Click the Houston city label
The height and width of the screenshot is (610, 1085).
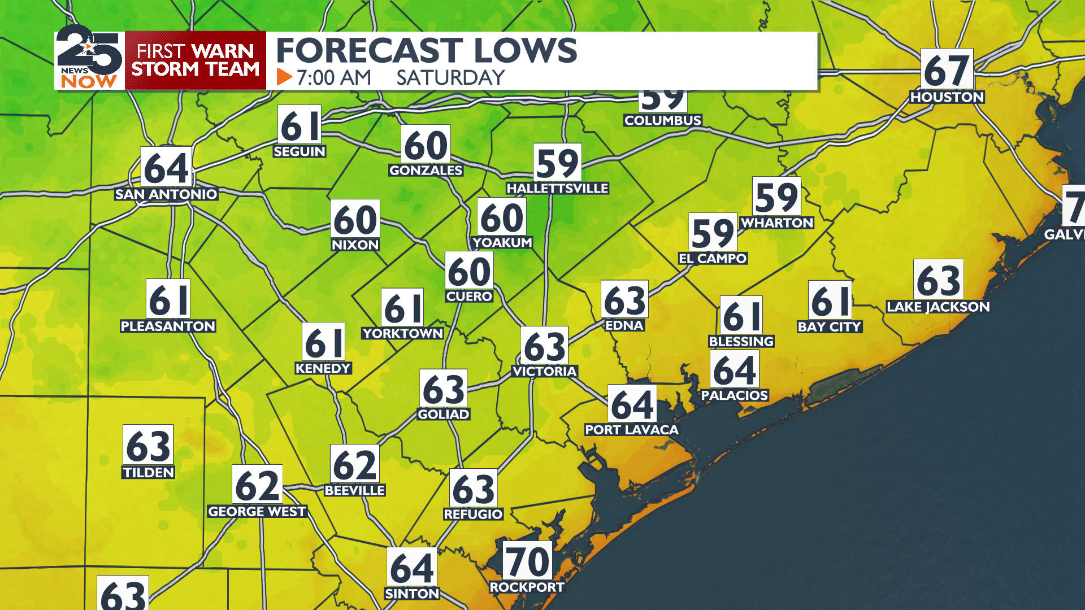(947, 97)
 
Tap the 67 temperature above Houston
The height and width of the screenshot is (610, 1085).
(947, 69)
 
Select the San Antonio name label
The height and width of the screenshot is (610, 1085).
(166, 194)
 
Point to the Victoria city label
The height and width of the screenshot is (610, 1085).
(544, 371)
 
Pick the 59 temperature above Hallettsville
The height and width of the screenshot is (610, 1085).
(557, 163)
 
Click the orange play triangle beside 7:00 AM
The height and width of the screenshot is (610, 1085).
(284, 77)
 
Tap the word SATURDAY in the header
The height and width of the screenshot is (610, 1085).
(450, 77)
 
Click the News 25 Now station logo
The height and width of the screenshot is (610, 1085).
(89, 60)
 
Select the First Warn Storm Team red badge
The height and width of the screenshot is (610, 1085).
(196, 60)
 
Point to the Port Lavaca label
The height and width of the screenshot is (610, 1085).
(631, 430)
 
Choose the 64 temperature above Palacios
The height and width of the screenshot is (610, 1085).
(735, 370)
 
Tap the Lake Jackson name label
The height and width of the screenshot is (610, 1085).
(938, 307)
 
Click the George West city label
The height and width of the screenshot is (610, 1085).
(257, 512)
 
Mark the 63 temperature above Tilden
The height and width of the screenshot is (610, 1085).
(148, 446)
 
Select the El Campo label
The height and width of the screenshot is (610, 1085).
(713, 259)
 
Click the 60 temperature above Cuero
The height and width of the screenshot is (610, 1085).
(469, 271)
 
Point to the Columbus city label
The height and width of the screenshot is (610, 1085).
(662, 120)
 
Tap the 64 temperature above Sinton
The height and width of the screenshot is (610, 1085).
(412, 568)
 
